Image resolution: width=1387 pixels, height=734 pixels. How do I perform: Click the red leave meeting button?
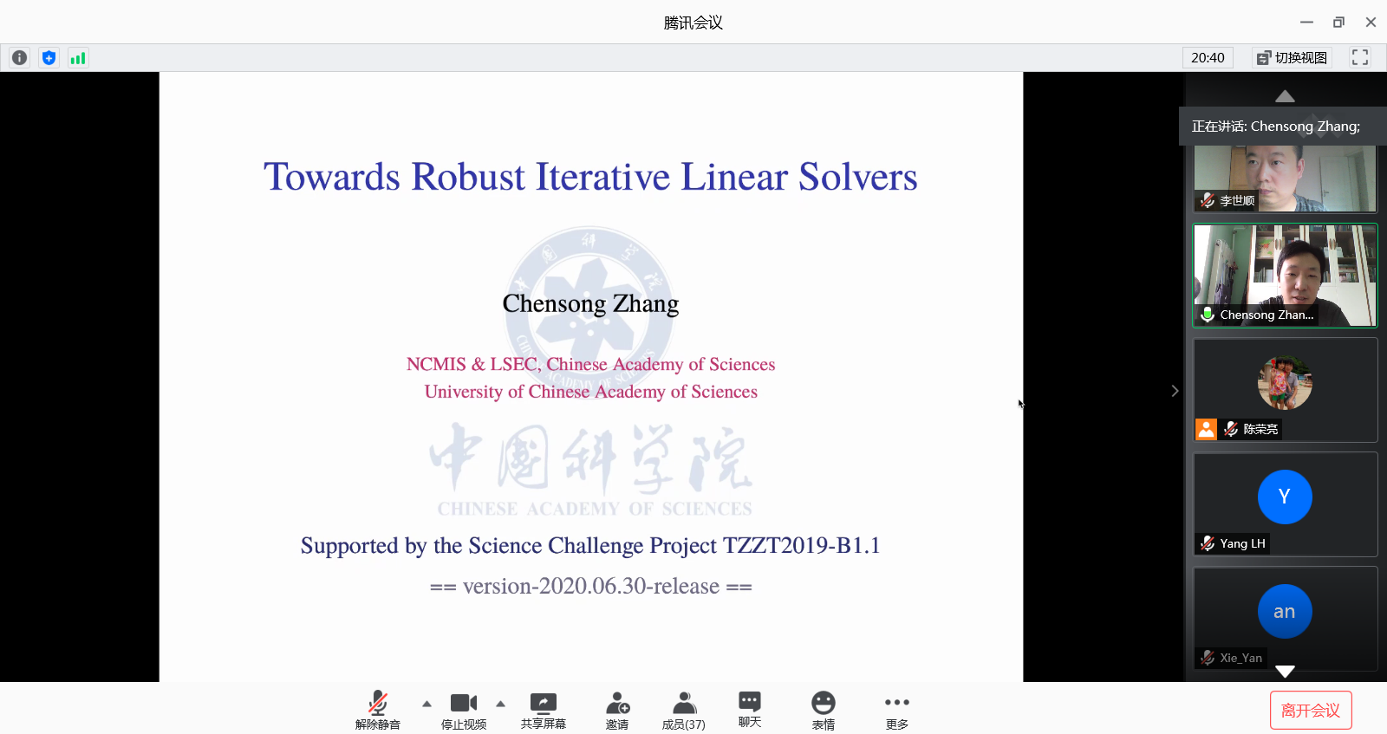pos(1310,710)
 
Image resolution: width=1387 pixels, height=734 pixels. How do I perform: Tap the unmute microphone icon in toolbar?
pos(378,703)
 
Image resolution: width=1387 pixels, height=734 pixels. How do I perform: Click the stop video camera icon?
pos(464,703)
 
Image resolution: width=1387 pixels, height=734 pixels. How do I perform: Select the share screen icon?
pos(543,703)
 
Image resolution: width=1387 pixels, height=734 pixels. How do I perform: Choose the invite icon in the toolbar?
pos(617,703)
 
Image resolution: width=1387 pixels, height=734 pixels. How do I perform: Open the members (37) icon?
pos(684,703)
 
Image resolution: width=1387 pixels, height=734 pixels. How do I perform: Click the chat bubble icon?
pos(749,702)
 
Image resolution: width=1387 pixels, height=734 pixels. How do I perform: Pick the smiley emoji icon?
pos(823,703)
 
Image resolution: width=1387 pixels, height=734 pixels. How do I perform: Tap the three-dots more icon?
pos(896,703)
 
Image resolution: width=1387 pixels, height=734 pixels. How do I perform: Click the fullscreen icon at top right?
pos(1360,57)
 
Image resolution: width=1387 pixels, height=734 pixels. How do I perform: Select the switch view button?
pos(1293,57)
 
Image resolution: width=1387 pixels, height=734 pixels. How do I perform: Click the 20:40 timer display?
pos(1208,57)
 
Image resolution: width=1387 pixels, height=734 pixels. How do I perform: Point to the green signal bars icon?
pos(78,58)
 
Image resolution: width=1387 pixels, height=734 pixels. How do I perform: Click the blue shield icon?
pos(49,58)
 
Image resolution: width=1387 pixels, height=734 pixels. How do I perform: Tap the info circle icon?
pos(19,57)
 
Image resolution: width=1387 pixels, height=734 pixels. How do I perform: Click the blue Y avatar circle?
pos(1284,497)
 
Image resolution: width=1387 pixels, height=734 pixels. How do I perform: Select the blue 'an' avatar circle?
pos(1284,611)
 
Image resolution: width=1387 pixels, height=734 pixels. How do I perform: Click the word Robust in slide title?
pos(467,177)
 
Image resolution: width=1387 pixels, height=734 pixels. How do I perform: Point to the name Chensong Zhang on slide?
pos(590,303)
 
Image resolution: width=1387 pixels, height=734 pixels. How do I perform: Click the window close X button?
pos(1371,23)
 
